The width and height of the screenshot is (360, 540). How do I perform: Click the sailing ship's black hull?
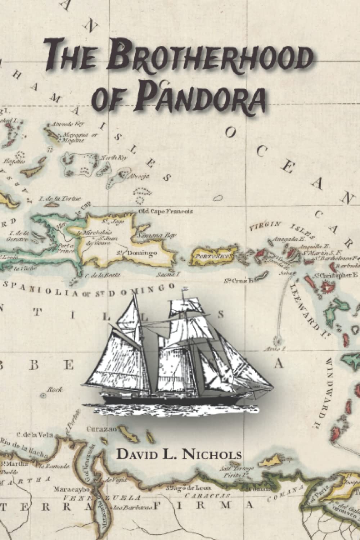click(x=173, y=399)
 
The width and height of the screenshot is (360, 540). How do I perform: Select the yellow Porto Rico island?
click(x=212, y=256)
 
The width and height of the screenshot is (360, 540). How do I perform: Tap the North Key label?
click(x=113, y=158)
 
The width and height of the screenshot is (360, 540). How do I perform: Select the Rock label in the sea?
click(x=55, y=389)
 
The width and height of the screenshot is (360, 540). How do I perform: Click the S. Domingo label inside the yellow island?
click(x=137, y=253)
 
